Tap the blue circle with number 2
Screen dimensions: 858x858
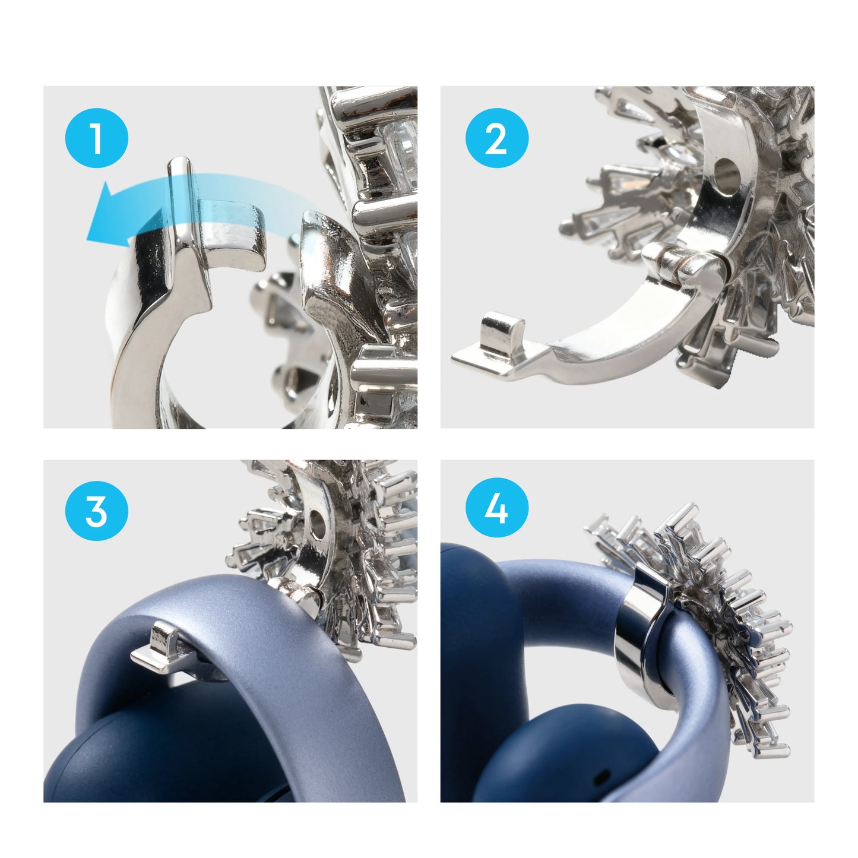(x=496, y=139)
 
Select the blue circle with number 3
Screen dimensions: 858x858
(x=96, y=509)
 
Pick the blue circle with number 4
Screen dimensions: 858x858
(x=496, y=509)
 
